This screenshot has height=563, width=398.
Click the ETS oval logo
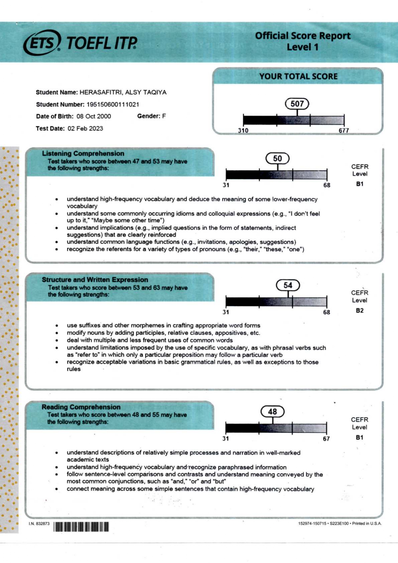[x=42, y=43]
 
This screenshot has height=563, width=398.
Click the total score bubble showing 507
[x=297, y=104]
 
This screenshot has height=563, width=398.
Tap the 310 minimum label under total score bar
[x=243, y=130]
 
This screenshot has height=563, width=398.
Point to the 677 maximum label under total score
[x=343, y=130]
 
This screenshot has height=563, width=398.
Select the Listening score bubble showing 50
[x=277, y=158]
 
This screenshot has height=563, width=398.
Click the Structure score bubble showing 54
[x=288, y=285]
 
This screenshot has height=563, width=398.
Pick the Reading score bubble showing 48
[x=272, y=412]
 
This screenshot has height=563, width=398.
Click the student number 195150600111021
[x=113, y=104]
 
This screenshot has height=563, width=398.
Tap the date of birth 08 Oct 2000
[x=94, y=116]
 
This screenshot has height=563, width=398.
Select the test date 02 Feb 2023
[x=85, y=128]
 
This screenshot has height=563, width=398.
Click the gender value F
[x=164, y=116]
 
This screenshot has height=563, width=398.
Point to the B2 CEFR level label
[x=359, y=311]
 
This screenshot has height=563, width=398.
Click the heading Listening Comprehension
[x=83, y=153]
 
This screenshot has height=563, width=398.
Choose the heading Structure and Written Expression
[x=95, y=280]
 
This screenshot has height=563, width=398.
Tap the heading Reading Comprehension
[x=81, y=407]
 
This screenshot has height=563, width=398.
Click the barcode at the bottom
[x=81, y=526]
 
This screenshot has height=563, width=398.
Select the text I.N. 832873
[x=39, y=524]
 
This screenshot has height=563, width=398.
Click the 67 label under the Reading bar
[x=326, y=439]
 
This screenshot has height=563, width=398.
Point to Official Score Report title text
[x=302, y=36]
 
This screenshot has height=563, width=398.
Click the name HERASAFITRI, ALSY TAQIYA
[x=123, y=92]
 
